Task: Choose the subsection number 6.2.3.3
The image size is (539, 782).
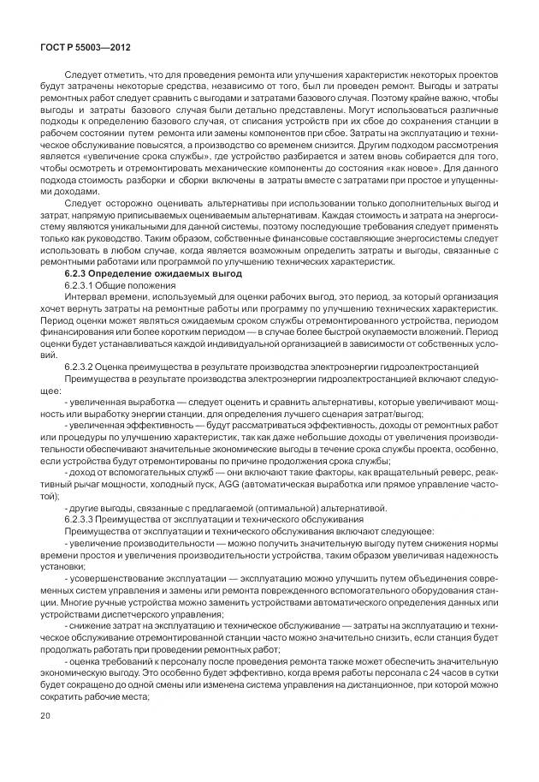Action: pyautogui.click(x=83, y=520)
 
